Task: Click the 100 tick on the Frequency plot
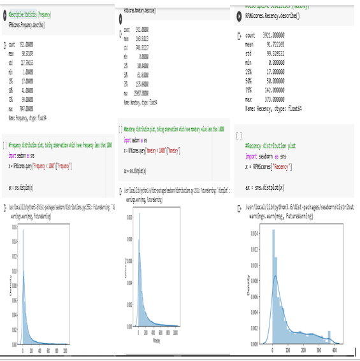[66, 351]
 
